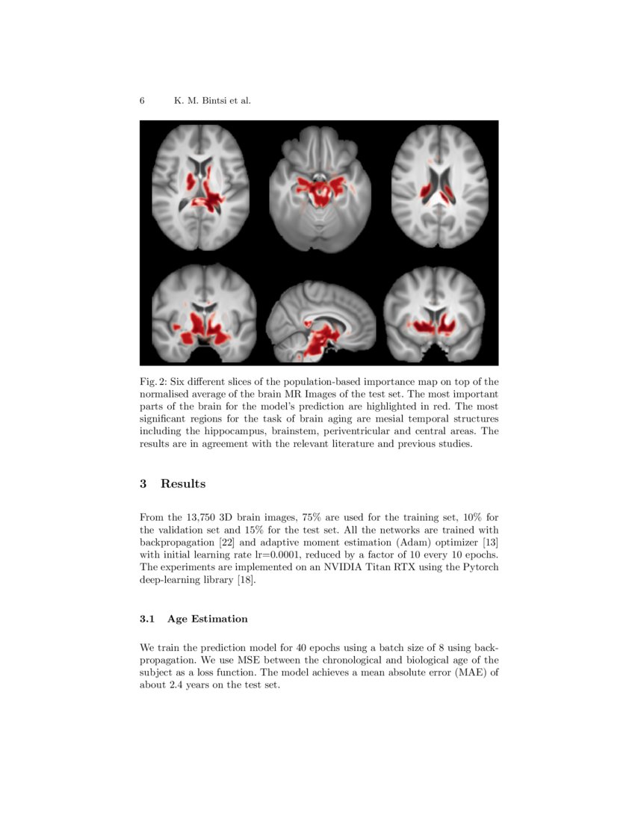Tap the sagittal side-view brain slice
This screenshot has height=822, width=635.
point(319,318)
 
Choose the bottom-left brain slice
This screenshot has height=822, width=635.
point(204,314)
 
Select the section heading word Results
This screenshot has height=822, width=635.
point(183,483)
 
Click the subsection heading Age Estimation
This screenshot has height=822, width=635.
point(208,619)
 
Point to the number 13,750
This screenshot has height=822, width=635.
point(204,517)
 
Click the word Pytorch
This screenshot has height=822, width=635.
point(480,566)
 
